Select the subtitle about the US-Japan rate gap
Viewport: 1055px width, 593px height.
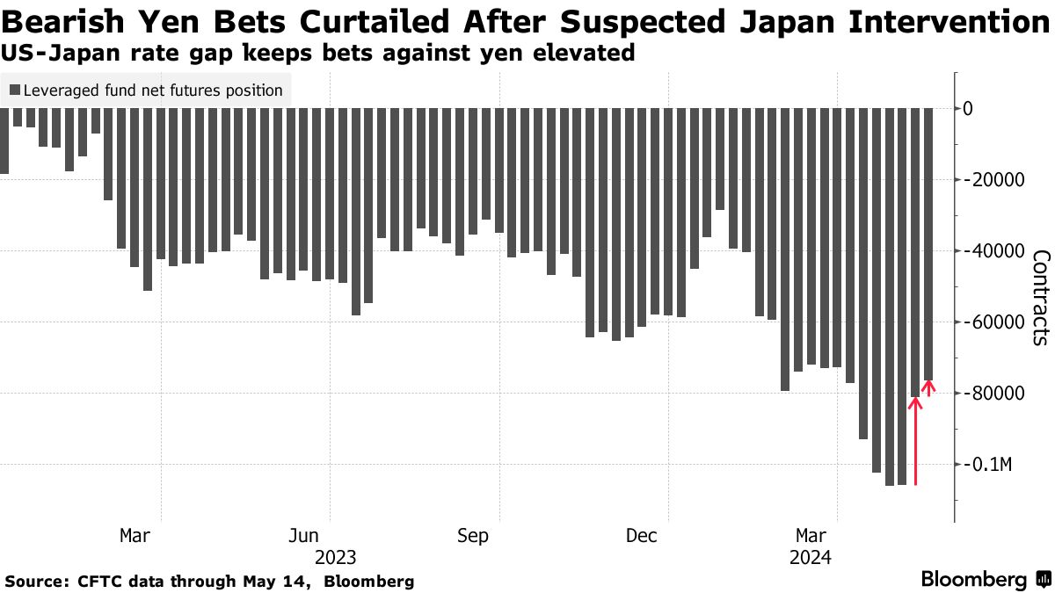point(317,54)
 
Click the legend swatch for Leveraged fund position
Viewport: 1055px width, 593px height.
point(14,90)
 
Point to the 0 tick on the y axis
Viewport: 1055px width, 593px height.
point(993,109)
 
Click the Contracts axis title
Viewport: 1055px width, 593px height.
point(1041,297)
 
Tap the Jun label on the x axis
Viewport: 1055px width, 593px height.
point(304,536)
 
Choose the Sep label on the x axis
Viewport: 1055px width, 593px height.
point(473,536)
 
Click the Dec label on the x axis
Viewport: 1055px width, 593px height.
point(642,536)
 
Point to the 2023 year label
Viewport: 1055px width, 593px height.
point(335,558)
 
